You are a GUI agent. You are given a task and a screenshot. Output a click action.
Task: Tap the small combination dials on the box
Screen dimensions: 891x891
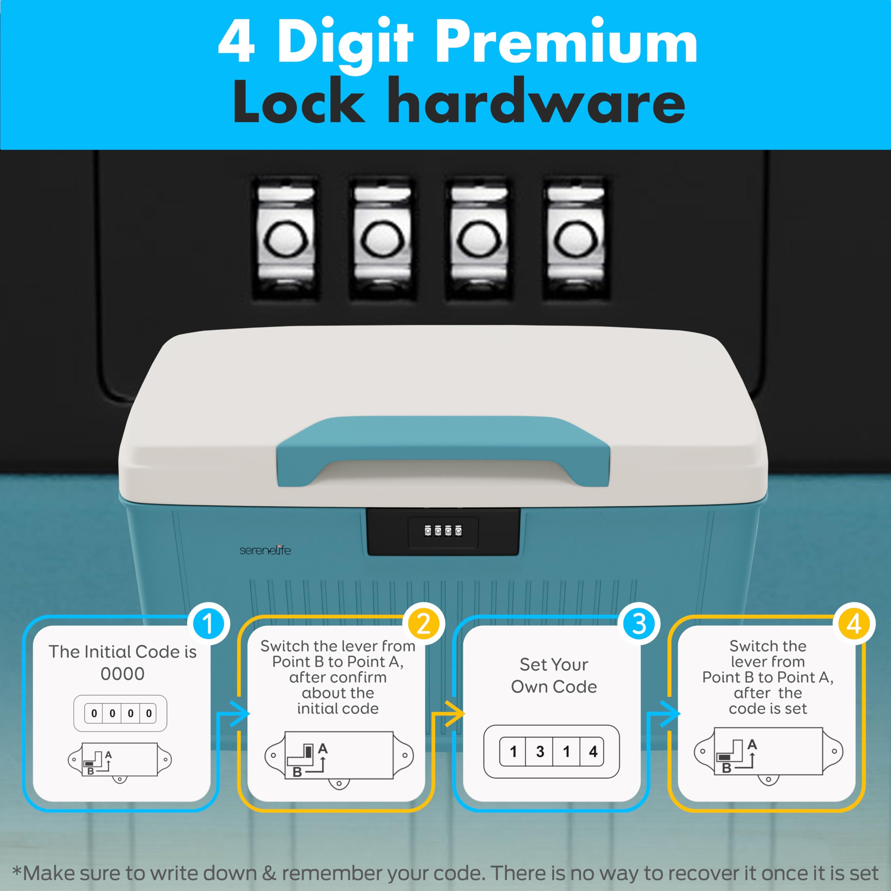pos(443,531)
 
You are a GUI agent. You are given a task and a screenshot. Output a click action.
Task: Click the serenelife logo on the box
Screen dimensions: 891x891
pos(265,550)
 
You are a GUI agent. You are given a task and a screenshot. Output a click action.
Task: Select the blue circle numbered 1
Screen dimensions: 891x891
pos(208,624)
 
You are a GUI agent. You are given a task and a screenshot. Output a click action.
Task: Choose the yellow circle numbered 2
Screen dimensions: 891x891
pos(423,624)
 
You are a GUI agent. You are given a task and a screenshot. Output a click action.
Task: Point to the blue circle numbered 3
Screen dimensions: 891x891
pos(639,624)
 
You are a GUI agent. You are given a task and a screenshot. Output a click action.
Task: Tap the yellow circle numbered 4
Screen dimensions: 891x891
pos(854,624)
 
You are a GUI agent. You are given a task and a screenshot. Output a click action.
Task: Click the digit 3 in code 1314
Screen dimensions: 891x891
pos(540,752)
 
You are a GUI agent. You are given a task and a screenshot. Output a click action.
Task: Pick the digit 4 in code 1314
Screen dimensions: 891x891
pos(593,752)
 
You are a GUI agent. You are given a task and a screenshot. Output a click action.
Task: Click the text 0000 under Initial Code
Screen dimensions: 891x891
pos(123,674)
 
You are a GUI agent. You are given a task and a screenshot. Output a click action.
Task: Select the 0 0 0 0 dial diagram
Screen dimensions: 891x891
pos(120,713)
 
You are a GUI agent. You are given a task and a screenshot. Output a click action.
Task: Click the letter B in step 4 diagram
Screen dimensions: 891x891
pos(726,768)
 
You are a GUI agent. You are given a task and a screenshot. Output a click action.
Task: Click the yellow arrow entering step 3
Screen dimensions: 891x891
pos(454,714)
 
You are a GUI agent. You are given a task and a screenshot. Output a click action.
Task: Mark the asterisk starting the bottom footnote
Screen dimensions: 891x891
pos(17,871)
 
